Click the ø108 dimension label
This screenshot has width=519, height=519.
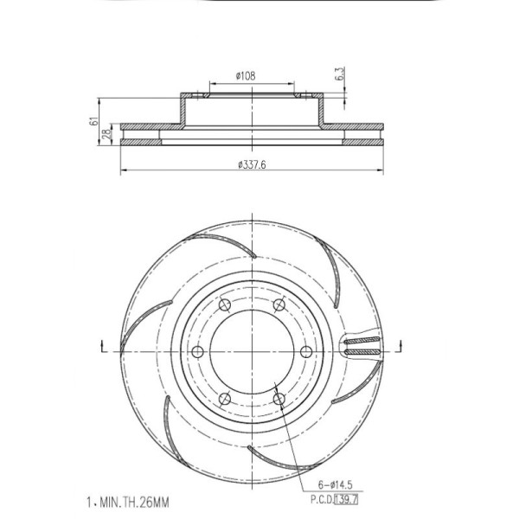click(x=246, y=76)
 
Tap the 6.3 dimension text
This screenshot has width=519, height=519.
click(x=340, y=74)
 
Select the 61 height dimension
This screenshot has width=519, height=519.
click(x=94, y=121)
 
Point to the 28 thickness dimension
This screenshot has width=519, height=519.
click(x=106, y=134)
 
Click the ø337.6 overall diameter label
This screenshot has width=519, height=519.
click(x=253, y=164)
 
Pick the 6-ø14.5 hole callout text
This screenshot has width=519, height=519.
click(x=336, y=485)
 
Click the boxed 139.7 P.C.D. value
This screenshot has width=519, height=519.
click(x=347, y=499)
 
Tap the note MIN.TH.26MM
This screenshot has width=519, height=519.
click(x=134, y=503)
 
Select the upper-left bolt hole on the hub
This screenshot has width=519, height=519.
click(x=225, y=304)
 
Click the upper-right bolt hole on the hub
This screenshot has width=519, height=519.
click(x=279, y=304)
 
